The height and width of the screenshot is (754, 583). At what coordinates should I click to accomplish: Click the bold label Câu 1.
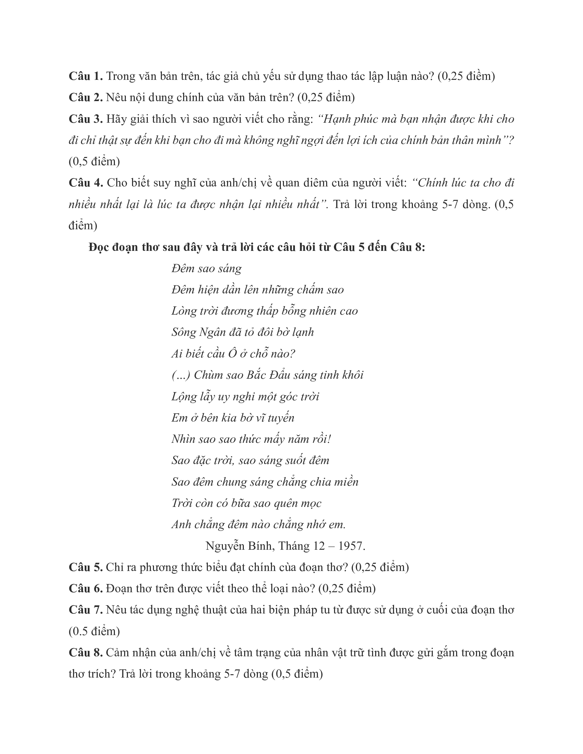86,76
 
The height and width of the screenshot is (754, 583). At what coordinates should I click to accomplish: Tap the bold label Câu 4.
86,183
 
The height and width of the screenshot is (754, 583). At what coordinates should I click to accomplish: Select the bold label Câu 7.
86,610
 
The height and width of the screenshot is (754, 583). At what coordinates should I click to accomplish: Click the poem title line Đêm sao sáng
206,268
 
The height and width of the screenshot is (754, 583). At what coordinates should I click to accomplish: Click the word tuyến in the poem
281,418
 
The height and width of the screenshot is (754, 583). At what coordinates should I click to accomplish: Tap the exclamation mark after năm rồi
329,439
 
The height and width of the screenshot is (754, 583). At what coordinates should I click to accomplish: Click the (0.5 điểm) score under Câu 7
94,631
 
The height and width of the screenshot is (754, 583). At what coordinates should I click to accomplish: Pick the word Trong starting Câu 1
119,76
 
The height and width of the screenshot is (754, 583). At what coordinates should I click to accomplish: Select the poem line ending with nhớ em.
258,524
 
